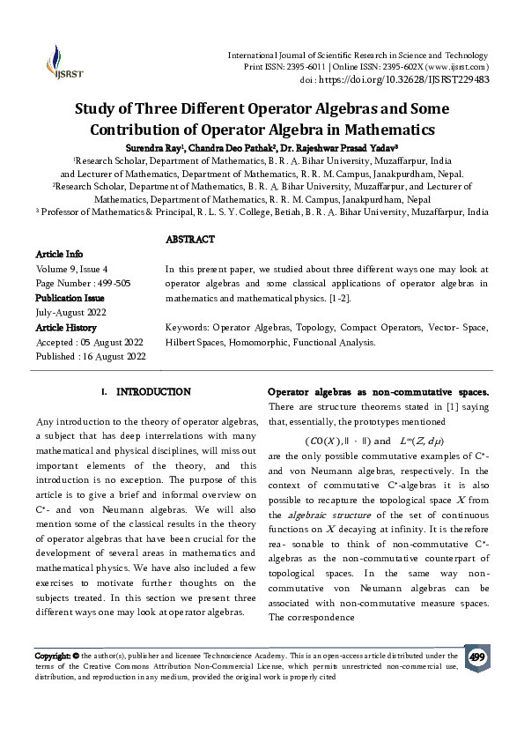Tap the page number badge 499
[x=477, y=658]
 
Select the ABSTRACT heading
[x=190, y=240]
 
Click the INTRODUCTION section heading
[x=153, y=391]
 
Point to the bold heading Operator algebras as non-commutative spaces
[x=378, y=391]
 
